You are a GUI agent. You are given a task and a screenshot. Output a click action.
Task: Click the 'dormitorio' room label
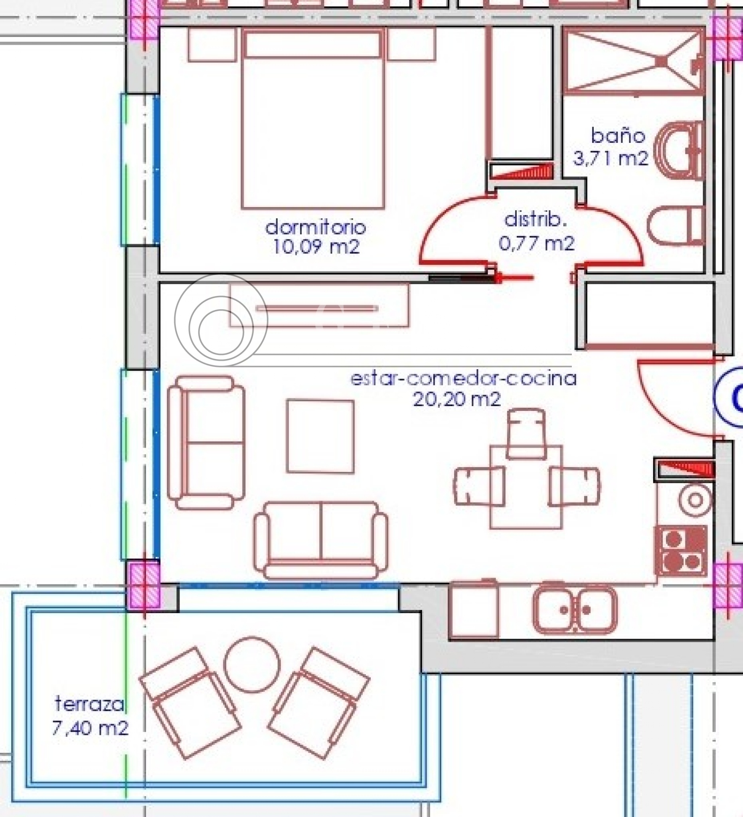coord(315,227)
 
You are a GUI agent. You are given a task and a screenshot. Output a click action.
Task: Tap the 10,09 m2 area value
coord(316,247)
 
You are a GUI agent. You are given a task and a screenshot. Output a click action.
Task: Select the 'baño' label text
coord(618,136)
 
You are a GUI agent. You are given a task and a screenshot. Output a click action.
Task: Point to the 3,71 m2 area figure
coord(611,158)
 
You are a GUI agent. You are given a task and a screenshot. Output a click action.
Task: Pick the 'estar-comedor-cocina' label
coord(463,378)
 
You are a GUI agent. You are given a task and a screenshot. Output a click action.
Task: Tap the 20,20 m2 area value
coord(457,400)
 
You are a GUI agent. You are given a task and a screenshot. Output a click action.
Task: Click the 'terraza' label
coord(89,704)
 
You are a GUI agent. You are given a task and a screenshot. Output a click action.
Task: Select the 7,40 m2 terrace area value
coord(90,728)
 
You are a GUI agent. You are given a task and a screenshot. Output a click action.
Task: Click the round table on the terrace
coord(252,664)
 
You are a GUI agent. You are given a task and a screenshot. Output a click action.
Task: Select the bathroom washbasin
coord(682,150)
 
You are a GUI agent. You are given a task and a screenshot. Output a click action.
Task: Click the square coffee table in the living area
coord(320,436)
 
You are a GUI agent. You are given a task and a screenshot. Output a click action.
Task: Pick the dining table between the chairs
coord(526,487)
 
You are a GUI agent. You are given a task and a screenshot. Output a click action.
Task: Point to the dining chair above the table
coord(526,434)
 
